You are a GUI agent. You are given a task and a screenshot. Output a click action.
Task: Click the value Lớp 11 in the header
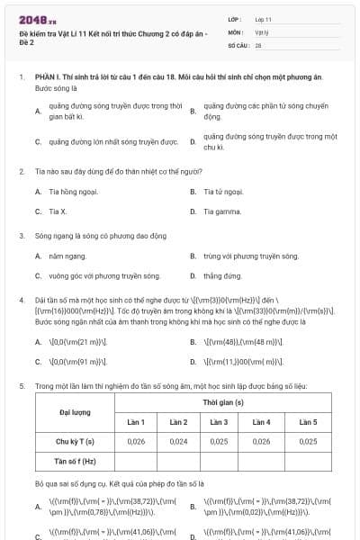coord(263,19)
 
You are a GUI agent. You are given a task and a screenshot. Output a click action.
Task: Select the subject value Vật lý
coord(262,31)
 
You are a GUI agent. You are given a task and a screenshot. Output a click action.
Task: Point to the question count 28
coord(258,44)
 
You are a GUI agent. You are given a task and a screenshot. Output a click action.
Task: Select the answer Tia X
coord(58,211)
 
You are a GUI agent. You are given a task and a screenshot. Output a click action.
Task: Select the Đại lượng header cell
coord(75,411)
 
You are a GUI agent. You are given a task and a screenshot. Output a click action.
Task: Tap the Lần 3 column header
coord(219,422)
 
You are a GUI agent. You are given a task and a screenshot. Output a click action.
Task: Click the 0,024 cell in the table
coord(178,442)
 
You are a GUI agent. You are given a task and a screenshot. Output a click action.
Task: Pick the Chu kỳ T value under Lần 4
coord(261,442)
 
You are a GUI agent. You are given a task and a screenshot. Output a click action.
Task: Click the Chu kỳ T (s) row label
coord(75,442)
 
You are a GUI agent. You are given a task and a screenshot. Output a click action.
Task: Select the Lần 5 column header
coord(308,422)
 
